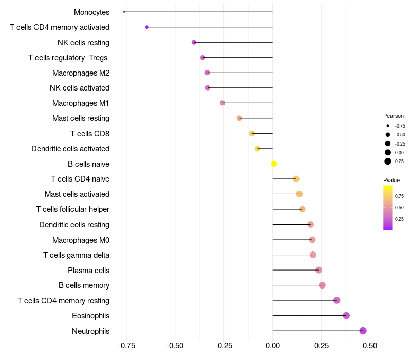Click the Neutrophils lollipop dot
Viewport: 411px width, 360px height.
(x=363, y=331)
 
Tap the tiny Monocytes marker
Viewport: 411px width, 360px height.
(x=124, y=12)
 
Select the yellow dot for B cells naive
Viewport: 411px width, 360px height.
(x=274, y=164)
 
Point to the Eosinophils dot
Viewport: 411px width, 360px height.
(x=346, y=315)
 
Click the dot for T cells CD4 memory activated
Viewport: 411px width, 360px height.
(x=147, y=27)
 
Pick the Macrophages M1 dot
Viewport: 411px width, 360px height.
(x=222, y=103)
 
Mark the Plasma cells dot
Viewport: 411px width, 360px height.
(x=319, y=270)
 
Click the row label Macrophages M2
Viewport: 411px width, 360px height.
(x=81, y=73)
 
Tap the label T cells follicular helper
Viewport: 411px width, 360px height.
(x=72, y=209)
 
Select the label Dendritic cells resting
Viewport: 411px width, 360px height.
(x=74, y=225)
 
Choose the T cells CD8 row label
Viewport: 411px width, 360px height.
(x=90, y=134)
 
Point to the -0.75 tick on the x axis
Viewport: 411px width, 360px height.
(x=127, y=346)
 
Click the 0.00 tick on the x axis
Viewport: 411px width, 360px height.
(x=272, y=346)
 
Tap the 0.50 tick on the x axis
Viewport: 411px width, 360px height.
(x=369, y=346)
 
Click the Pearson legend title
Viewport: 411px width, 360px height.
(x=394, y=116)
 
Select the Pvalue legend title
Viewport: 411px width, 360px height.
(x=391, y=180)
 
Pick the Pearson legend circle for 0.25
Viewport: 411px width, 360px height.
(x=388, y=161)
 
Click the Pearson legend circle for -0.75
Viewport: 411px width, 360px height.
(x=388, y=125)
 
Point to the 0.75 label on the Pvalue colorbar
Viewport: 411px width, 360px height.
(x=399, y=196)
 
